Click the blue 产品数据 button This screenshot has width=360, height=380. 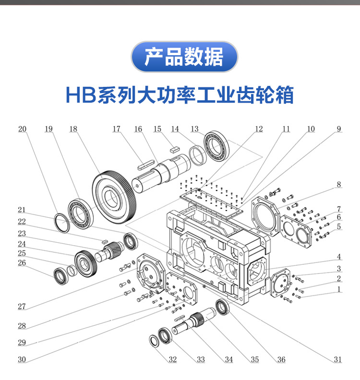(x=184, y=57)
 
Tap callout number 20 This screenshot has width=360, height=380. (x=23, y=129)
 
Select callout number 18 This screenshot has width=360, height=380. (x=73, y=129)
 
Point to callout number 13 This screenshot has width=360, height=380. (x=194, y=129)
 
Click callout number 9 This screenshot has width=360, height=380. (x=338, y=129)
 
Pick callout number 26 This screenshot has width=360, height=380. (x=22, y=262)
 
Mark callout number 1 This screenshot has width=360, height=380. (x=338, y=289)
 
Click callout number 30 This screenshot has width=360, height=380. (x=22, y=359)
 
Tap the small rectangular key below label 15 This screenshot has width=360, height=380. (x=174, y=149)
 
